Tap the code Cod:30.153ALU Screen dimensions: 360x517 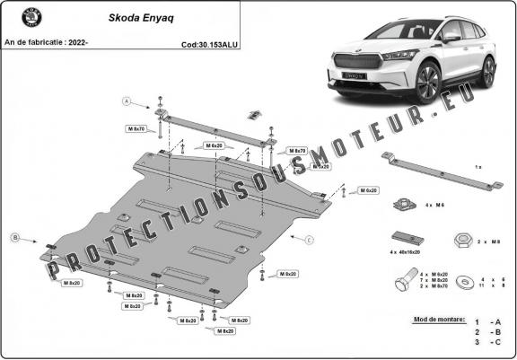click(210, 42)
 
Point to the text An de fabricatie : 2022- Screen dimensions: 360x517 click(46, 42)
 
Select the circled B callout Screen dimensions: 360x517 click(14, 237)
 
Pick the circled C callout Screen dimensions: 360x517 click(309, 240)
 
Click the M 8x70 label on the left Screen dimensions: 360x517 click(136, 128)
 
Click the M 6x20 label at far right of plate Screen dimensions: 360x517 click(367, 190)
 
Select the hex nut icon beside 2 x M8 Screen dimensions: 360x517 click(458, 241)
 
